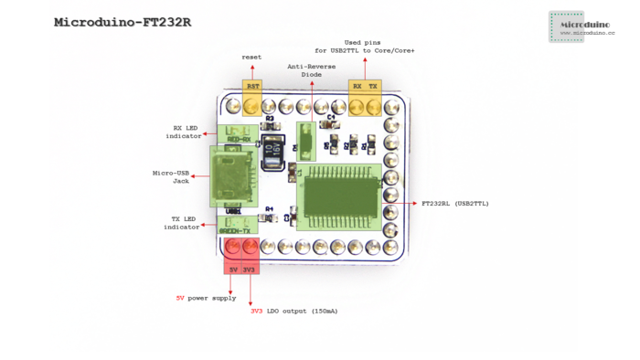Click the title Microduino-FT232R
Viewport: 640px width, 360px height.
128,21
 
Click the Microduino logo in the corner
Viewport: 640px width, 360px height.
581,26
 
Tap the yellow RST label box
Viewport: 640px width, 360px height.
252,85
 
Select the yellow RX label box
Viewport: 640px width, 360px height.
357,85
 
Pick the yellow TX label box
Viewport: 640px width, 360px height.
373,85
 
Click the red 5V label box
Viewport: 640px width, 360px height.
233,270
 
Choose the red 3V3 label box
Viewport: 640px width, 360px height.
249,270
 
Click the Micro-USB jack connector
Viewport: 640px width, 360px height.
232,175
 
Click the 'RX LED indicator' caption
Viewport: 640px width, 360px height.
183,132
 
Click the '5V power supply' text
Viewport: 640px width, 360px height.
206,298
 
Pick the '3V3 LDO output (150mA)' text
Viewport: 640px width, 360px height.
293,311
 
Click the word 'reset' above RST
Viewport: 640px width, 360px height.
251,57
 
